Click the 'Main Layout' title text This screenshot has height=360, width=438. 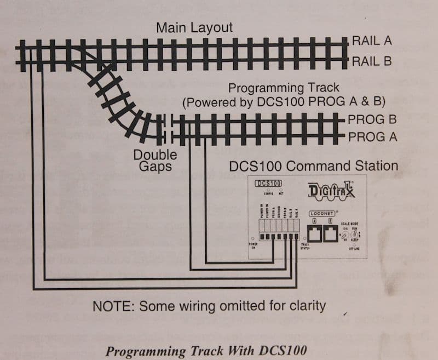coord(194,27)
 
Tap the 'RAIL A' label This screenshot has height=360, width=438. coord(372,41)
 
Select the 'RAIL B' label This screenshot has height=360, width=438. coord(372,61)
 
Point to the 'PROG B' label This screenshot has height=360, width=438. coord(372,119)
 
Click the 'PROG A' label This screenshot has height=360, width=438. coord(372,136)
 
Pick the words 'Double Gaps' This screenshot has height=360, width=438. coord(155,160)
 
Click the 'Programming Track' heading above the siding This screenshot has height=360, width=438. coord(284,88)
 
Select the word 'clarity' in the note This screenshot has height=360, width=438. coord(307,306)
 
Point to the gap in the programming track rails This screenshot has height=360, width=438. coord(168,128)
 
